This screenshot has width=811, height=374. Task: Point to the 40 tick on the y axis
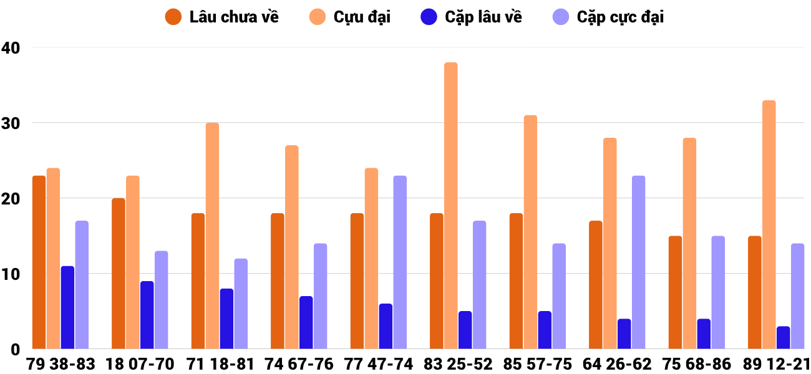tap(11, 47)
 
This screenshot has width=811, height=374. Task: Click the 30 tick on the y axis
tap(11, 123)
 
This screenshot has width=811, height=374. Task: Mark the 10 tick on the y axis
tap(11, 274)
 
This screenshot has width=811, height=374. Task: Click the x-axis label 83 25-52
tap(458, 364)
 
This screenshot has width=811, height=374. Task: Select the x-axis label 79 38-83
tap(61, 364)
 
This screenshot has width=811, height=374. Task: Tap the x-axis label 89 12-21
tap(775, 364)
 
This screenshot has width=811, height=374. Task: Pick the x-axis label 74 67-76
tap(299, 364)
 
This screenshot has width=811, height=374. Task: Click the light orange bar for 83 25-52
tap(451, 206)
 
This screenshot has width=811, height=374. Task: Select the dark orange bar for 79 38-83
tap(39, 262)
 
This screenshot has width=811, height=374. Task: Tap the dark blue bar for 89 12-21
tap(784, 338)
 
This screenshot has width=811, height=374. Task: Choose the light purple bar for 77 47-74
tap(400, 262)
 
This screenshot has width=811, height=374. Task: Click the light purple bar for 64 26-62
tap(638, 262)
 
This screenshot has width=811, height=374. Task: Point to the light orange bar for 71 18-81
tap(212, 236)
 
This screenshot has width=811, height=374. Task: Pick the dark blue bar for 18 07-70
tap(147, 315)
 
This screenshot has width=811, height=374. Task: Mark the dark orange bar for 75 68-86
tap(676, 292)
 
